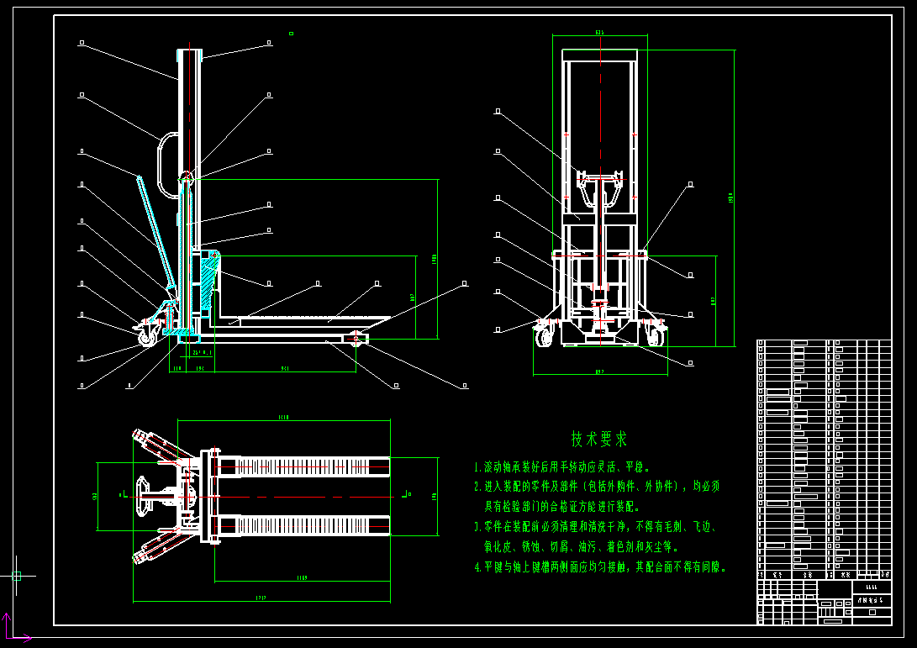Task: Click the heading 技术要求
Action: tap(599, 439)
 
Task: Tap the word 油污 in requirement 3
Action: tap(598, 547)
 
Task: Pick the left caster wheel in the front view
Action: tap(544, 336)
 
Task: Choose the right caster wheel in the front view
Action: tap(655, 335)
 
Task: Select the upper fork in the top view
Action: tap(303, 465)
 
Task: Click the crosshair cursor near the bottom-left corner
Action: tap(16, 576)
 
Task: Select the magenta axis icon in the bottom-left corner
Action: tap(10, 630)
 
